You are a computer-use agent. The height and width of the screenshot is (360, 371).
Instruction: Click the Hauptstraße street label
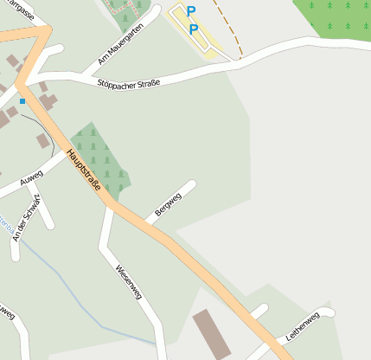pyautogui.click(x=84, y=170)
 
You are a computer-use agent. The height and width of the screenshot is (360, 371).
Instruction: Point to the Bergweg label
pyautogui.click(x=168, y=205)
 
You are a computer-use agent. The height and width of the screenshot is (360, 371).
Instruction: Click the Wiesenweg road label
pyautogui.click(x=128, y=283)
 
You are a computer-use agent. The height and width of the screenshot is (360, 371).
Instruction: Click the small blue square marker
pyautogui.click(x=22, y=100)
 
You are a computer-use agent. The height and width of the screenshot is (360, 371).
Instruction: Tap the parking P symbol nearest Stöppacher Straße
pyautogui.click(x=194, y=29)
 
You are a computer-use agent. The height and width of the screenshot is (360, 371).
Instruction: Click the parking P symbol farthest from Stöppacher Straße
pyautogui.click(x=191, y=11)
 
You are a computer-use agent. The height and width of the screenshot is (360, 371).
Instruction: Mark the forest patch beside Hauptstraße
pyautogui.click(x=99, y=156)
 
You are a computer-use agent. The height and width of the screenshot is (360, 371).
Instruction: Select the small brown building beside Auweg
pyautogui.click(x=42, y=140)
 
